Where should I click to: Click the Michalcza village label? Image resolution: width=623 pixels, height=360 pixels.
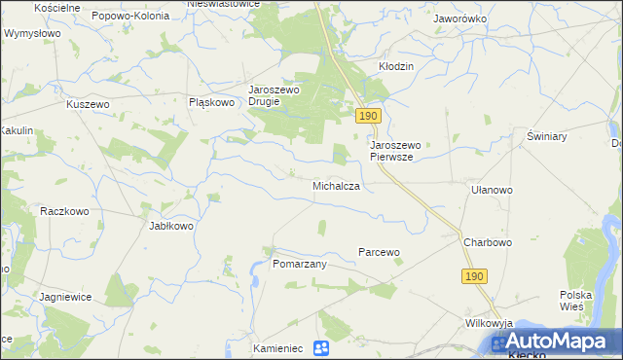tap(337, 185)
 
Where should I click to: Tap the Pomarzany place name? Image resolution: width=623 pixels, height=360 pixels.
tap(299, 264)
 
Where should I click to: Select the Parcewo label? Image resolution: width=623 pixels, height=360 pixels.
tap(380, 252)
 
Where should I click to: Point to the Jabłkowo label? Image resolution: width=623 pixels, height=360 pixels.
tap(171, 226)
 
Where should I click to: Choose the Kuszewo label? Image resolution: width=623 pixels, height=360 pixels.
tap(87, 104)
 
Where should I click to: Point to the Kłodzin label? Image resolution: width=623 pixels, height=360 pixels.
tap(396, 66)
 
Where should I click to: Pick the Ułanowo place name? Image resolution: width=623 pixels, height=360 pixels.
tap(492, 190)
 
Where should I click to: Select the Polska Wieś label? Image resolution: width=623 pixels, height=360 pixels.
tap(576, 300)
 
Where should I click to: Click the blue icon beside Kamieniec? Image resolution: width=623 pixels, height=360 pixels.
tap(322, 347)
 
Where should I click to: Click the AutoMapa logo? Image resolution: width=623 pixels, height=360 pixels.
tap(555, 342)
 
